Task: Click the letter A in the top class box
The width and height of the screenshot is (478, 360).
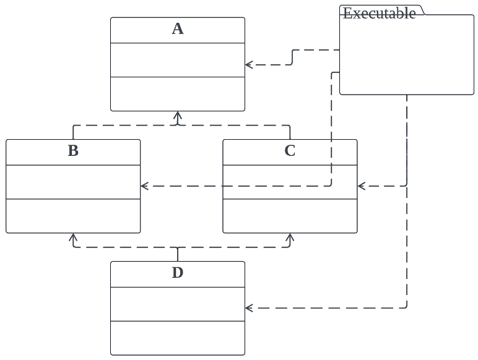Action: [178, 29]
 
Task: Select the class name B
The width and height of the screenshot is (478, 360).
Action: [73, 151]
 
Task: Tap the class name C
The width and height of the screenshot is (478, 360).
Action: [290, 151]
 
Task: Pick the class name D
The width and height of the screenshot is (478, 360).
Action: [178, 273]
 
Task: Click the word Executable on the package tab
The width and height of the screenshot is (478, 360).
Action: [379, 14]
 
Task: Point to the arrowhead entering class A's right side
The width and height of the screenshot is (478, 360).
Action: [249, 64]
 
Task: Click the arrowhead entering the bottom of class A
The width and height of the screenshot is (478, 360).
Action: [178, 115]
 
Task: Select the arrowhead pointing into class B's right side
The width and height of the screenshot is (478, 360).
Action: [144, 186]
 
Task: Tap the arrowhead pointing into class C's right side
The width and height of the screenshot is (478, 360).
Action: [362, 186]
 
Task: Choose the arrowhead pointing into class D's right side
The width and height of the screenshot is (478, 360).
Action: [249, 307]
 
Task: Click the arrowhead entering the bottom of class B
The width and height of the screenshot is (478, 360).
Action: [73, 237]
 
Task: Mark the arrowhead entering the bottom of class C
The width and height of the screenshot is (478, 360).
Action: [290, 237]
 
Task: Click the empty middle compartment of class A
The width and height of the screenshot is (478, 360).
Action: [178, 60]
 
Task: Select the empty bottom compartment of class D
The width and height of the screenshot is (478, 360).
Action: [178, 338]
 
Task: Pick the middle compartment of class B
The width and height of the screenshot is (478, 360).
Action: [73, 182]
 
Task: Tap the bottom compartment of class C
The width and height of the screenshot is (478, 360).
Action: [290, 216]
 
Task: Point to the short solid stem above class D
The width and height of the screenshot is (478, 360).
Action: [178, 254]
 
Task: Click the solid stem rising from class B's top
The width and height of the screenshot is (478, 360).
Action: [73, 132]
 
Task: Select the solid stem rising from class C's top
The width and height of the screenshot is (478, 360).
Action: [290, 132]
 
